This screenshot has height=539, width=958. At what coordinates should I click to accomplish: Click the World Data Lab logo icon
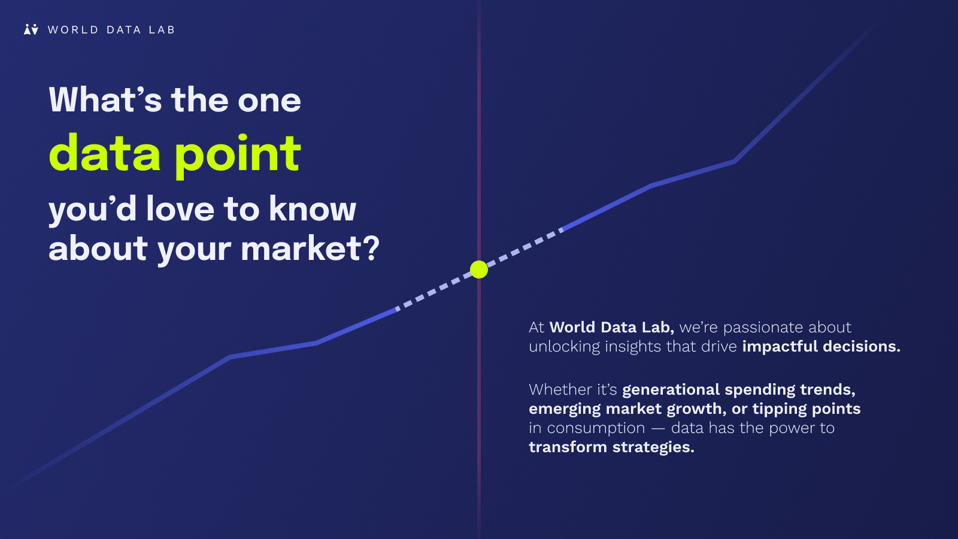(x=31, y=29)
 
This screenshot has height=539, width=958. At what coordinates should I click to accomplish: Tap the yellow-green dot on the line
(x=479, y=269)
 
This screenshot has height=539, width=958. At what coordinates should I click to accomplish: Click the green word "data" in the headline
(x=105, y=153)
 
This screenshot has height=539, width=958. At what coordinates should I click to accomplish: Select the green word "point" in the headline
(x=237, y=156)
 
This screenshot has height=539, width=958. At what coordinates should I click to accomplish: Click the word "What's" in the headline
(x=105, y=99)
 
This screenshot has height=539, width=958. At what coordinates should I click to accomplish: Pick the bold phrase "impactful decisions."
(x=821, y=347)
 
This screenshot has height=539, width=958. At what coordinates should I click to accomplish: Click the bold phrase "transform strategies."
(x=611, y=447)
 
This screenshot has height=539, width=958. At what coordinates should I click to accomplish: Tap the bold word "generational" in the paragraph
(x=671, y=390)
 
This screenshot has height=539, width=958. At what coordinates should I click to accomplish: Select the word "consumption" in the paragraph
(x=596, y=428)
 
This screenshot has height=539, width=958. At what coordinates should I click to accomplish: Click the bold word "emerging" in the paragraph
(x=565, y=410)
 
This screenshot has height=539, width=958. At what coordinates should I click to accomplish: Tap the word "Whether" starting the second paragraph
(x=558, y=389)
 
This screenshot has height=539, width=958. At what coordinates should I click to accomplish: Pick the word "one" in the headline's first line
(x=269, y=102)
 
